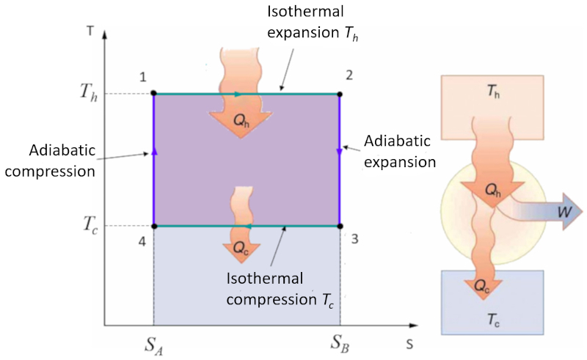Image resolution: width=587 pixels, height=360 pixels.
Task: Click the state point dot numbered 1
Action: (x=153, y=94)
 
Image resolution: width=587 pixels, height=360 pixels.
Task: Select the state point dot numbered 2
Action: (x=339, y=94)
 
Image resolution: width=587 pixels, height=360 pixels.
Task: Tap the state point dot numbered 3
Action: (x=339, y=226)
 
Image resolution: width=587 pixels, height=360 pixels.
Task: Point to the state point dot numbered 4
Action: (x=153, y=226)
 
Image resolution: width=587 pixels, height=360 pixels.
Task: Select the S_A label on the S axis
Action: (x=153, y=342)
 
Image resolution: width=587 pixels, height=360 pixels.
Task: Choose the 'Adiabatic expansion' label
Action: (x=401, y=150)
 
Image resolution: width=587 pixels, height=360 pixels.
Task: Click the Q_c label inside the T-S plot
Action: (x=242, y=248)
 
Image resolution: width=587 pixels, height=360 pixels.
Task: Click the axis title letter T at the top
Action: (x=89, y=32)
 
